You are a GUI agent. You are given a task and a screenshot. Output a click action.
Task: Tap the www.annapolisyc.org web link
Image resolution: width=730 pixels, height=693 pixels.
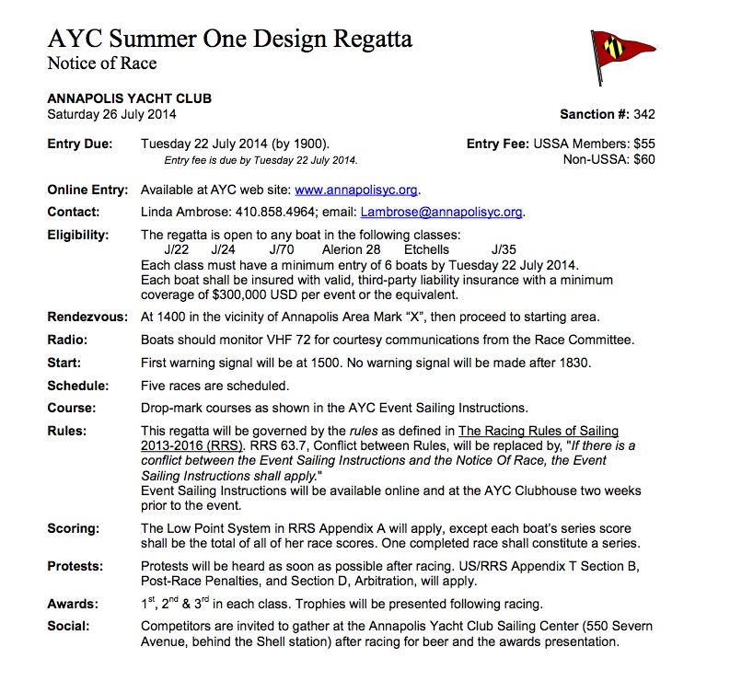tap(356, 191)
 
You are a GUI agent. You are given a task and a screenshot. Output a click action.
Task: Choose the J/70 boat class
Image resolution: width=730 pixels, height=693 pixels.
tap(283, 249)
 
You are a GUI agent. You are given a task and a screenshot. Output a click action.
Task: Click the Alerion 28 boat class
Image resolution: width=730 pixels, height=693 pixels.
tap(351, 249)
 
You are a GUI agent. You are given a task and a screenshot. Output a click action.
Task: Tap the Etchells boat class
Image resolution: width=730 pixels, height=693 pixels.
tap(426, 249)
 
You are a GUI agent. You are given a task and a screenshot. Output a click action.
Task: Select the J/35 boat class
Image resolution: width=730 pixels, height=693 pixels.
tap(504, 249)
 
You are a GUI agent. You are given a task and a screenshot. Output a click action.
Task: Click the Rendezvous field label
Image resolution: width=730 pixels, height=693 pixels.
tap(87, 318)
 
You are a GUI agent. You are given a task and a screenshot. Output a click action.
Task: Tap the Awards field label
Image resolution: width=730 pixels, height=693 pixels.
tap(73, 605)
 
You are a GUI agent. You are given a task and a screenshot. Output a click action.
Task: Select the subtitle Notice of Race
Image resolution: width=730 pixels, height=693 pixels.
tap(102, 64)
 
